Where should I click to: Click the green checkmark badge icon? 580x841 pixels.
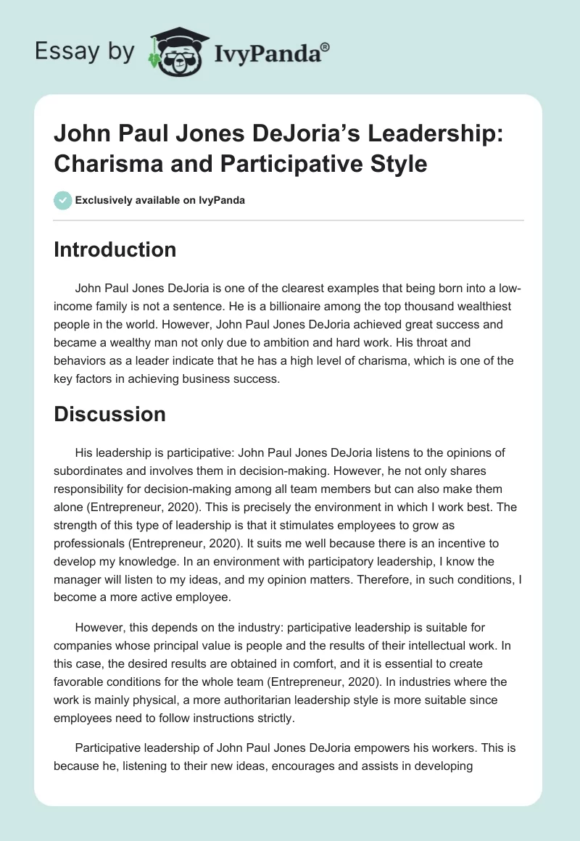pyautogui.click(x=62, y=200)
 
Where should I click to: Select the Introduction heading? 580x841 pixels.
pyautogui.click(x=115, y=250)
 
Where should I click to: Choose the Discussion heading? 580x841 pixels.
pyautogui.click(x=110, y=414)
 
